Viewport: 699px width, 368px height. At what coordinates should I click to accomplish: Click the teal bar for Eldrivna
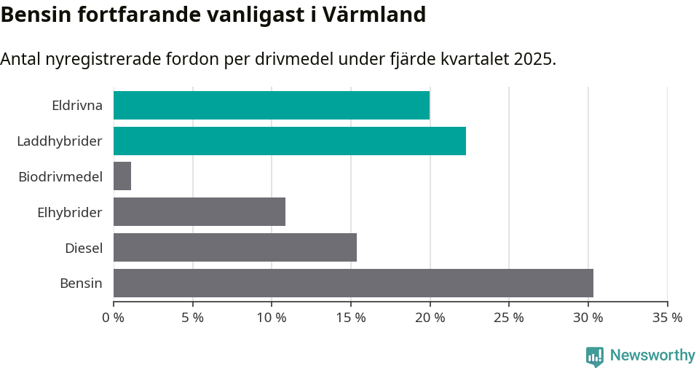[272, 105]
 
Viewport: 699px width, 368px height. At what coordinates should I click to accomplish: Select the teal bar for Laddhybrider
[290, 141]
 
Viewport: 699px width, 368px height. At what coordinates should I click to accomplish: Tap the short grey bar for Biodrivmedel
[122, 176]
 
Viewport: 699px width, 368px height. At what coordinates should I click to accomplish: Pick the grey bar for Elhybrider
[200, 212]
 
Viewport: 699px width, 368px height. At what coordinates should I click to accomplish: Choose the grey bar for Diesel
[235, 248]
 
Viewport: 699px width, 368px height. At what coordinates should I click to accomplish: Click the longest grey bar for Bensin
[353, 283]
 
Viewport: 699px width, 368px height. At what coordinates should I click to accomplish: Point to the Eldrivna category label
[77, 105]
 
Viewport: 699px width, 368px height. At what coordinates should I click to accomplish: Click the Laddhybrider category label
[60, 141]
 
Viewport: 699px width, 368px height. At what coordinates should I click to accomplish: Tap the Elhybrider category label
[70, 212]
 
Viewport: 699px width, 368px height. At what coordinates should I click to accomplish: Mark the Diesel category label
[84, 248]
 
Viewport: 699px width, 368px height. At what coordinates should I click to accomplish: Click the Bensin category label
[81, 283]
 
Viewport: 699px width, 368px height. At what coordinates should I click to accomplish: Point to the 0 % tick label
[114, 318]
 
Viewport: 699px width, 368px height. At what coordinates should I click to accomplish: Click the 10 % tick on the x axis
[272, 318]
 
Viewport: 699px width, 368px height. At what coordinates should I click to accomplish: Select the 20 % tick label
[430, 318]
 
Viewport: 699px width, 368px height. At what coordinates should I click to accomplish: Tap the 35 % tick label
[667, 318]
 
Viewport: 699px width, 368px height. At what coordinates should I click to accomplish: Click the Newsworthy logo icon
[595, 356]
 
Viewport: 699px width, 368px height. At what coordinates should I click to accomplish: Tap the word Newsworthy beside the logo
[652, 356]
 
